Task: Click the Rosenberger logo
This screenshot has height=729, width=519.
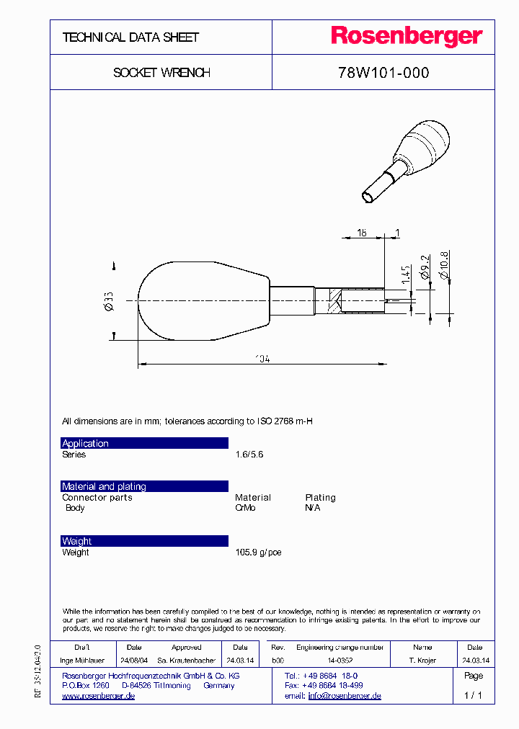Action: click(407, 37)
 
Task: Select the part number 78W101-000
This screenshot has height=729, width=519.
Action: click(383, 73)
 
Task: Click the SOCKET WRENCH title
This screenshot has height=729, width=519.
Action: click(161, 73)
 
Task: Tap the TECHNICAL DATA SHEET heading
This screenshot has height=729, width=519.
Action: click(130, 37)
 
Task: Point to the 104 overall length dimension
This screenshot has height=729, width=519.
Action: click(262, 358)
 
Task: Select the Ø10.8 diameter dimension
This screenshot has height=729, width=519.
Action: click(445, 264)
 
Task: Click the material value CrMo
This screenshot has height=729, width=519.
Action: click(245, 508)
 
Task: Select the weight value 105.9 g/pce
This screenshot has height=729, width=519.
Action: click(258, 553)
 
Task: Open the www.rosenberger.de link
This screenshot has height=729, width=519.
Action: click(98, 696)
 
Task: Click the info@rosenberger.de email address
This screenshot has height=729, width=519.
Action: click(345, 696)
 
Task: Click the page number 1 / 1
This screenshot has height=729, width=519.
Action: click(473, 695)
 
